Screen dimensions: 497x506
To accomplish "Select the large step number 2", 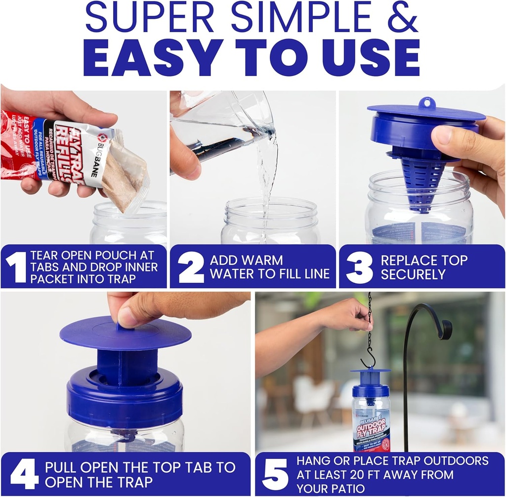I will (190, 267).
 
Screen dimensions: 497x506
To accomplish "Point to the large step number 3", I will (359, 267).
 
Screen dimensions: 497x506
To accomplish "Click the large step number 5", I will (275, 475).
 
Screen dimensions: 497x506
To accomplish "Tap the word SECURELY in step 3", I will (413, 274).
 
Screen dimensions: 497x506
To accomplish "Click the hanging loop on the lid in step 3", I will (427, 103).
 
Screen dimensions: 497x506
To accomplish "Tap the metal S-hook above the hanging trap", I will (368, 359).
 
